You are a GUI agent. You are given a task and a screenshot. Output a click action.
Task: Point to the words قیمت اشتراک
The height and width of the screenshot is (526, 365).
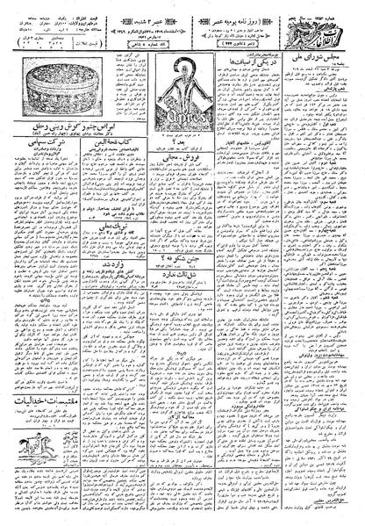point(102,8)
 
